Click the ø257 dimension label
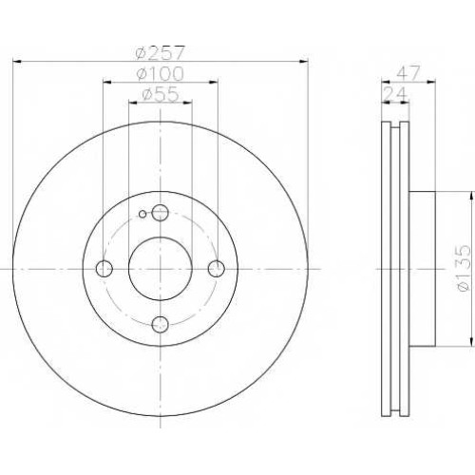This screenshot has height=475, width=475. [160, 53]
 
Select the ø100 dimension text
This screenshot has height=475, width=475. [160, 74]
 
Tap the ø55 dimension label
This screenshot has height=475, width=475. [161, 94]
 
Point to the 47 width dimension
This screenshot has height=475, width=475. [408, 73]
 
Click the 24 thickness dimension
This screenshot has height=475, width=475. [394, 94]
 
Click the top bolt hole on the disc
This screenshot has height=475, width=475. [161, 213]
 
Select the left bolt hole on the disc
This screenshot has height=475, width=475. [104, 269]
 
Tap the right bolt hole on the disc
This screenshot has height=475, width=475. [217, 269]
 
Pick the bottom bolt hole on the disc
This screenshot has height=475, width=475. [161, 324]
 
